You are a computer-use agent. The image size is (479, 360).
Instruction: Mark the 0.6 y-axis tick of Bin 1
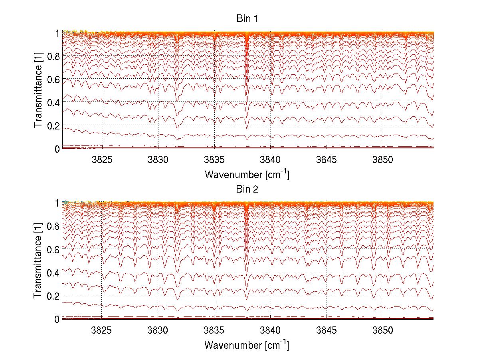point(53,80)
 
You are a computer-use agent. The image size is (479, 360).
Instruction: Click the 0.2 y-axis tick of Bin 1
point(53,125)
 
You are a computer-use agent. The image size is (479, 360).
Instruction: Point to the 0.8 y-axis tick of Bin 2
point(53,226)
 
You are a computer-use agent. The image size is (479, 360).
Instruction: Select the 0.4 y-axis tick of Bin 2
point(53,272)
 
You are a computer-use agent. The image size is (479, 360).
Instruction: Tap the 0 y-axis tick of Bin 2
point(57,319)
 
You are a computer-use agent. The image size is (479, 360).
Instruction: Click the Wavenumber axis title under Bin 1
point(247,175)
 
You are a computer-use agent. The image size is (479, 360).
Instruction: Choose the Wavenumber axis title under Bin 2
point(247,344)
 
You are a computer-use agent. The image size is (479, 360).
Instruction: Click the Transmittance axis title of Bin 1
point(38,90)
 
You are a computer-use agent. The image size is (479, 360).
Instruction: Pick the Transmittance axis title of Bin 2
point(38,261)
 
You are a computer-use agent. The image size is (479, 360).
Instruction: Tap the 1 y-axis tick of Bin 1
point(57,33)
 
